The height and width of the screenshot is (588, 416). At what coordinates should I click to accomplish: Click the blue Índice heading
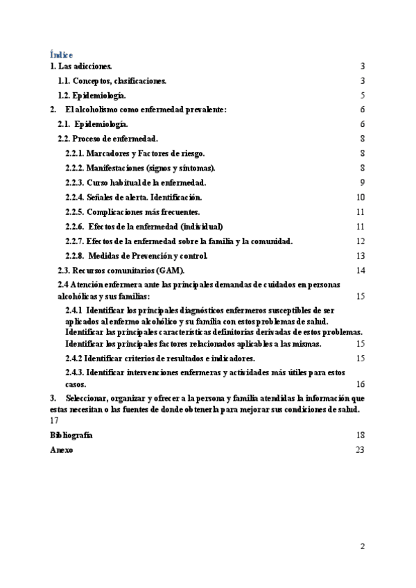click(x=62, y=54)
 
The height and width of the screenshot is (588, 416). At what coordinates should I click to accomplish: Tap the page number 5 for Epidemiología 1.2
click(x=363, y=96)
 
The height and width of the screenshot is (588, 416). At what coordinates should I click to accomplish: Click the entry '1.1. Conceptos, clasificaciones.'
click(x=112, y=81)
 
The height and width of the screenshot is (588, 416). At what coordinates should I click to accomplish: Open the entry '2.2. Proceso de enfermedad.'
click(x=107, y=139)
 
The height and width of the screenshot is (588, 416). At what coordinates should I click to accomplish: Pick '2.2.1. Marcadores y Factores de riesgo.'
click(x=135, y=153)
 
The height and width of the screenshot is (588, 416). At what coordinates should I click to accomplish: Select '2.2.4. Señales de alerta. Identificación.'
click(x=133, y=197)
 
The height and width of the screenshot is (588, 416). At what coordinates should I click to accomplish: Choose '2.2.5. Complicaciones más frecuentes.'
click(x=132, y=211)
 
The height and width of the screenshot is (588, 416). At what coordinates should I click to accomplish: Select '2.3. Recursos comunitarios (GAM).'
click(x=115, y=270)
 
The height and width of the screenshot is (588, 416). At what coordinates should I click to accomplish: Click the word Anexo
click(x=60, y=450)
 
